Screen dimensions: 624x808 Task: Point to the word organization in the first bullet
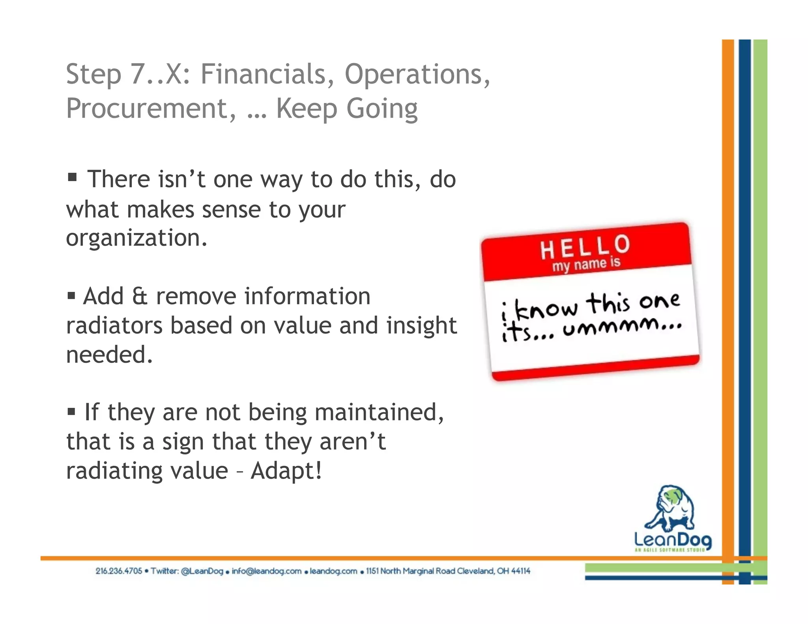(136, 238)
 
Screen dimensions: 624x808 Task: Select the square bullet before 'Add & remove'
(71, 295)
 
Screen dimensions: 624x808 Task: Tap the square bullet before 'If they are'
(71, 412)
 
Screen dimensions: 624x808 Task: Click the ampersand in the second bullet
(140, 297)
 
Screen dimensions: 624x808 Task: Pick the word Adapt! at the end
(286, 471)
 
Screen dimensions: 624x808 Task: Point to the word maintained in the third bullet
(379, 413)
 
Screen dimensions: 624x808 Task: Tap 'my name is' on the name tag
(586, 264)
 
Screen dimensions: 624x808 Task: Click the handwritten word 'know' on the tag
(546, 309)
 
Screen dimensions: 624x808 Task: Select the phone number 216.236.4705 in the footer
(118, 571)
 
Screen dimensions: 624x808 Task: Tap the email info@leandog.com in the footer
(266, 571)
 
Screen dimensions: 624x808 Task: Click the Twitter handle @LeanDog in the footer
(202, 571)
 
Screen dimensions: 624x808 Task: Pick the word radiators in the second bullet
(114, 326)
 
